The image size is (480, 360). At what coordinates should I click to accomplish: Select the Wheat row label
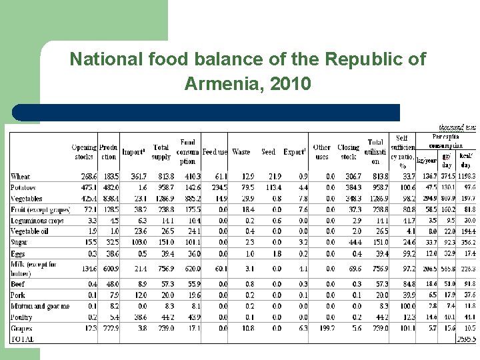click(21, 177)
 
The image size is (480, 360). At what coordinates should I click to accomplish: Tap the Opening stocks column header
click(83, 151)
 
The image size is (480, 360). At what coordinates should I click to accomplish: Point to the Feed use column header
click(215, 152)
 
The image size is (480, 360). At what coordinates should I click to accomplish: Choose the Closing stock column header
click(348, 151)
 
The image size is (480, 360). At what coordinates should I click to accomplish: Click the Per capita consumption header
click(445, 141)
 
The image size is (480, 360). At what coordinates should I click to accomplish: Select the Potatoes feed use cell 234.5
click(216, 187)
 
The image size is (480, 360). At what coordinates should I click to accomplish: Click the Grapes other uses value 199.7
click(323, 328)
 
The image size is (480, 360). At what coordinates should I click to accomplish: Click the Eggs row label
click(19, 253)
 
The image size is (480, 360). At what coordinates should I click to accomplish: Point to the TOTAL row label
click(22, 339)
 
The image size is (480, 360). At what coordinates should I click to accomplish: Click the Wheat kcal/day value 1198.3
click(464, 177)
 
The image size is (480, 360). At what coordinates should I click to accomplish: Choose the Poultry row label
click(22, 317)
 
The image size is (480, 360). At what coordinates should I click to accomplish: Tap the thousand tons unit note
click(457, 127)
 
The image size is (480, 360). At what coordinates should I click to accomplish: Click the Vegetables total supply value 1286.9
click(161, 198)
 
